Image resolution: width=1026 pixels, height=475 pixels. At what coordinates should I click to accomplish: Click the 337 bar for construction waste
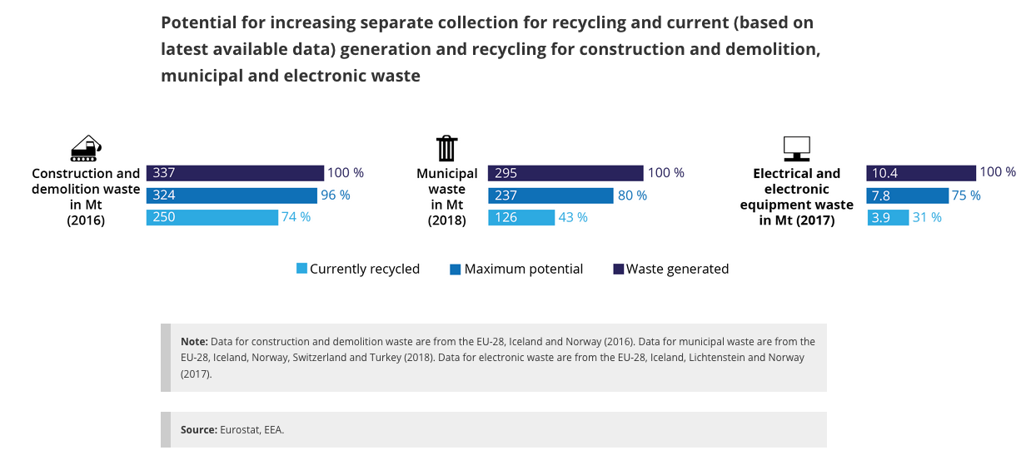[235, 173]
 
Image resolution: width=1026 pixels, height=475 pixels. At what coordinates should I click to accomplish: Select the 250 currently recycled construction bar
[212, 217]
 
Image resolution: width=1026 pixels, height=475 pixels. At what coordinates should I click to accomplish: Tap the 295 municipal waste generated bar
[565, 173]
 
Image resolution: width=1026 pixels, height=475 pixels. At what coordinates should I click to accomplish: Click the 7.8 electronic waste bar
[907, 195]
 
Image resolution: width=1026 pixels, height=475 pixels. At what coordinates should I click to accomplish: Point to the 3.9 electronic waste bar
[887, 217]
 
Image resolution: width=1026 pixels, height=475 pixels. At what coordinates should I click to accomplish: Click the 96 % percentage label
[336, 195]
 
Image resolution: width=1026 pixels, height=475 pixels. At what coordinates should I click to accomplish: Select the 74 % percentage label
[296, 217]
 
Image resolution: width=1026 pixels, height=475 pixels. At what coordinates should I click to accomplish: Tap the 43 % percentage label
[573, 217]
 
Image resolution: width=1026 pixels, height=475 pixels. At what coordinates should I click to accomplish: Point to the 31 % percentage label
[928, 217]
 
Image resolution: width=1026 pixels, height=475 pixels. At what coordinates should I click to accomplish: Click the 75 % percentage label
[967, 195]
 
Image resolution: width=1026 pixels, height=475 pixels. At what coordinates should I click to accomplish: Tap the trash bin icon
[446, 147]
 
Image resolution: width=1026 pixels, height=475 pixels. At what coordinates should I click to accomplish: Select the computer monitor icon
[796, 148]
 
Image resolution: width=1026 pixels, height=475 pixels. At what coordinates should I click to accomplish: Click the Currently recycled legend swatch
[301, 269]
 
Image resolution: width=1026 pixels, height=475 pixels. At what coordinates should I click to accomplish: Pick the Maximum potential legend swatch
[455, 269]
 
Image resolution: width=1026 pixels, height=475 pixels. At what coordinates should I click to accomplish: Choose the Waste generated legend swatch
[618, 269]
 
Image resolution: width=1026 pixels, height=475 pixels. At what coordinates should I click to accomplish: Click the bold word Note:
[194, 342]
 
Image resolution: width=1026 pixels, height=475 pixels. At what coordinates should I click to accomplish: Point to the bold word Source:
[199, 430]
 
